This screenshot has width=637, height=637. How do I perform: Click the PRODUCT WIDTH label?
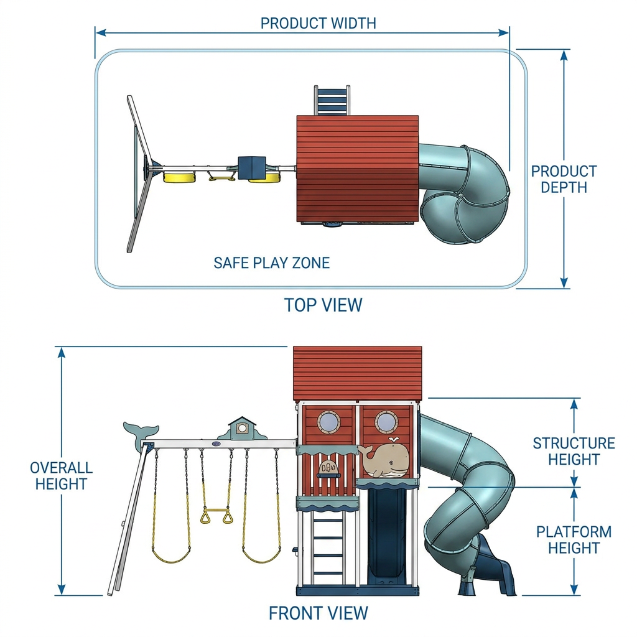point(318,23)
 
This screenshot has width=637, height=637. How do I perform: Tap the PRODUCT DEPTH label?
point(564,179)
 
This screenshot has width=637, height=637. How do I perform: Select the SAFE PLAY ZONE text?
point(271,263)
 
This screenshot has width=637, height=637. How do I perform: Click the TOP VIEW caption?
point(323,305)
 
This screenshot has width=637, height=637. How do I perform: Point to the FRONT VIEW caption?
point(318,613)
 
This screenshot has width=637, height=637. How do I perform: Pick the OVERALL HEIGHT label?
point(62,476)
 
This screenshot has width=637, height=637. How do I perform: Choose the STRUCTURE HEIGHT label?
point(574,452)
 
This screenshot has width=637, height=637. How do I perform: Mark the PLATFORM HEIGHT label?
point(574,540)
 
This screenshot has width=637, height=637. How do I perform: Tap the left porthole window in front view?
point(330,422)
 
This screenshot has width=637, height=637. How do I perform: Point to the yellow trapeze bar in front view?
point(216,509)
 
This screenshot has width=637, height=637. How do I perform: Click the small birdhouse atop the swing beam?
point(242,428)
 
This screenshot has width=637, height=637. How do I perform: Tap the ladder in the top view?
point(332,100)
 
